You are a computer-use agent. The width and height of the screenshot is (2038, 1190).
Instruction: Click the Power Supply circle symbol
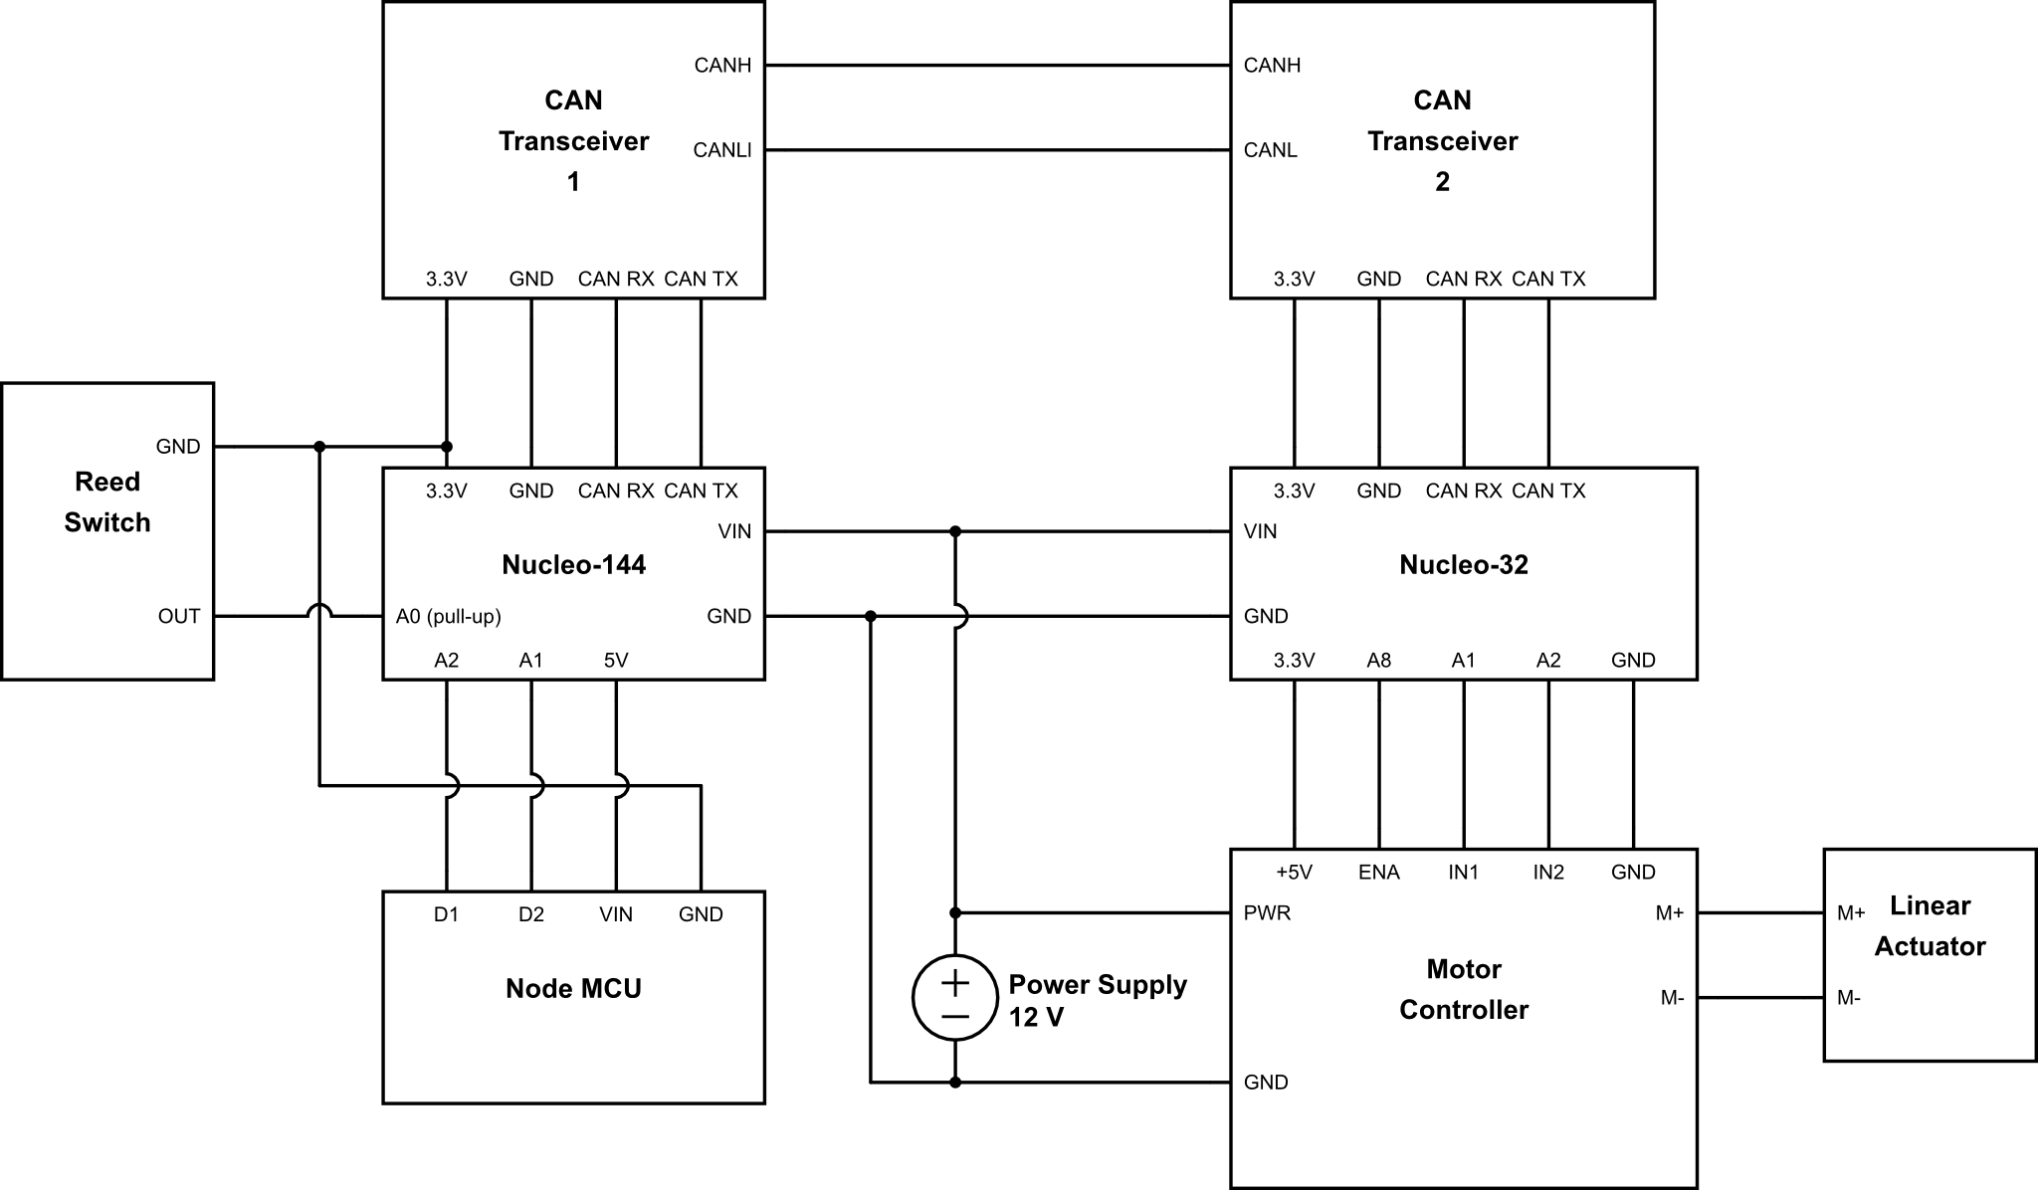point(954,997)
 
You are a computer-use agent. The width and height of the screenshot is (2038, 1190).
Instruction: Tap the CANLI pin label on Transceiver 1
point(721,150)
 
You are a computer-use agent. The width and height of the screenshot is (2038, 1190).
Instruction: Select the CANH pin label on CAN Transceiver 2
point(1272,66)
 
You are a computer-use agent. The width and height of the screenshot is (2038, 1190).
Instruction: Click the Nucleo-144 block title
point(573,565)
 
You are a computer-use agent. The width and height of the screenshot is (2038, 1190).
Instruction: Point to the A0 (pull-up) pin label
point(448,617)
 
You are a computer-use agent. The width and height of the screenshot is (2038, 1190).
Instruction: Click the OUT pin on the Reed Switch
point(179,617)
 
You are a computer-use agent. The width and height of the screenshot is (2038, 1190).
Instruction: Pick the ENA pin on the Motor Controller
point(1378,873)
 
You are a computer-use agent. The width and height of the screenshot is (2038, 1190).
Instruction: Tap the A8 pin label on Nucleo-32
point(1378,661)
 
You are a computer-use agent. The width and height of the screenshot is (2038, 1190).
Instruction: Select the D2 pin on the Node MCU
point(530,914)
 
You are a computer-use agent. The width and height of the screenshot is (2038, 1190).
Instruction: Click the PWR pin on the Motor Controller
point(1267,913)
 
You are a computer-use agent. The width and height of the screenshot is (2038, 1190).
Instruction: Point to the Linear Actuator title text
point(1930,926)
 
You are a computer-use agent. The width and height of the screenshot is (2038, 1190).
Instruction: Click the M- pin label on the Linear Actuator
point(1849,998)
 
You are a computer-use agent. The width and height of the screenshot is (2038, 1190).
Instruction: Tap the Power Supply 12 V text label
point(1097,1000)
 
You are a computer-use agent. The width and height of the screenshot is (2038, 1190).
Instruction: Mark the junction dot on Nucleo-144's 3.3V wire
point(447,447)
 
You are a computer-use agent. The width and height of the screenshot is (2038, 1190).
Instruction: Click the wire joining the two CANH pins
point(997,66)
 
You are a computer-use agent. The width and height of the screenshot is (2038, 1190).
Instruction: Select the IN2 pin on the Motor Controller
point(1547,873)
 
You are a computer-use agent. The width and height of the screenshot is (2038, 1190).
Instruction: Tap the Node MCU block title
point(573,989)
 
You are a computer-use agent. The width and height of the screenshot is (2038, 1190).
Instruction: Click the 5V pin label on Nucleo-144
point(615,661)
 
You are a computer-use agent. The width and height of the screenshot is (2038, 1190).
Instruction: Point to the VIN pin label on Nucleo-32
point(1260,532)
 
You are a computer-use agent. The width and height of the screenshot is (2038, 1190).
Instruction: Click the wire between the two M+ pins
point(1759,913)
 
